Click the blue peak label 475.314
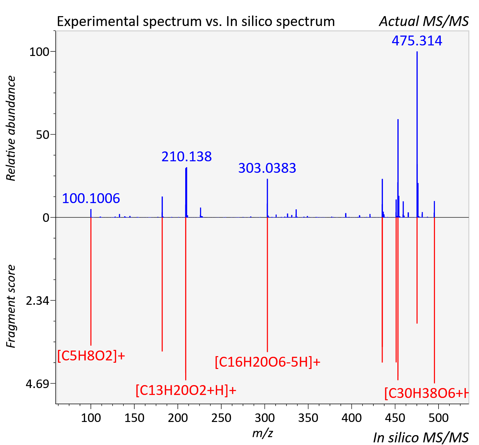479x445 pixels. point(417,40)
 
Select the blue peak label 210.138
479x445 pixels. point(187,156)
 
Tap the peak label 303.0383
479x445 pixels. point(267,168)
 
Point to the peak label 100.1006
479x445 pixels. point(91,198)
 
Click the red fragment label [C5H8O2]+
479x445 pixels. point(91,356)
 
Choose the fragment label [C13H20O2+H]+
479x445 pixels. point(186,390)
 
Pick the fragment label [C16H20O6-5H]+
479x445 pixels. point(267,362)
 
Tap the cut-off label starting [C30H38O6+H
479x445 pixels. point(426,393)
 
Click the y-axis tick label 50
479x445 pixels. point(42,135)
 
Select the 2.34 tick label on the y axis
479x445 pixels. point(38,301)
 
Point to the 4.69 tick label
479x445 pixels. point(38,384)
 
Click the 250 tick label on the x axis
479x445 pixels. point(221,418)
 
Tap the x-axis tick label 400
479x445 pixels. point(351,418)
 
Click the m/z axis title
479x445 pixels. point(263,433)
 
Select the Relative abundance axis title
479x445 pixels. point(11,128)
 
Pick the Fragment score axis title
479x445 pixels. point(11,306)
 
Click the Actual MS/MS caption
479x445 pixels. point(424,21)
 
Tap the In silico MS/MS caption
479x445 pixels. point(421,437)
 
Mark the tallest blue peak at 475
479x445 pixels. point(417,134)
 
